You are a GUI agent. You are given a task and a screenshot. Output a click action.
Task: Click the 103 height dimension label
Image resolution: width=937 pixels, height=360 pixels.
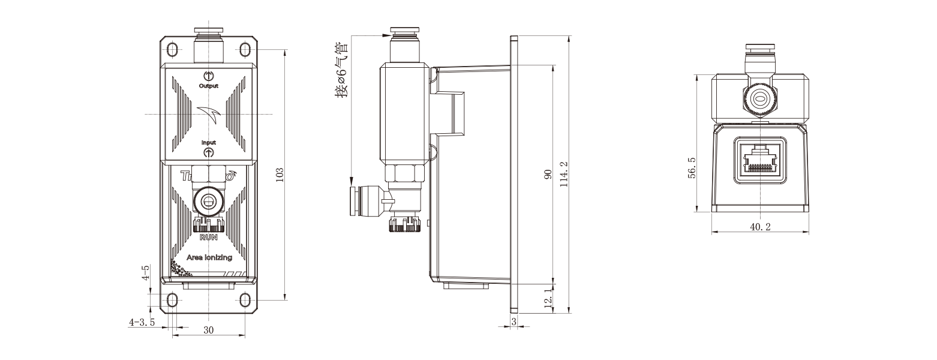280,175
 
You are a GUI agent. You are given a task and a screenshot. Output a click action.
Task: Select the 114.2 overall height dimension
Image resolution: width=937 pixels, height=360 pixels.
563,175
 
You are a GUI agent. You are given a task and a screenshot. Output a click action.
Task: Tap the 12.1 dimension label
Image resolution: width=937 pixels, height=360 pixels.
547,298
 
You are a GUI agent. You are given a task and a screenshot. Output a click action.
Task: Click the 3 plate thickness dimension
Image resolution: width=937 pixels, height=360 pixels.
514,322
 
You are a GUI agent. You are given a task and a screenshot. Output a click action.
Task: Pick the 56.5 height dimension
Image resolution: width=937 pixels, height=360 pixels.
692,169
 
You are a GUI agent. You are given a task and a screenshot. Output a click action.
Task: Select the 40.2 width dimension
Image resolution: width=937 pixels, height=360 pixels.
759,227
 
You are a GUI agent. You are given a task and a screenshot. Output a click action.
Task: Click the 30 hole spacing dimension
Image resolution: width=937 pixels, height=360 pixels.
208,330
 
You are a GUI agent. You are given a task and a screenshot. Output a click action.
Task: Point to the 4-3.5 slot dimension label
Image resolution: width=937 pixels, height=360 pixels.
142,322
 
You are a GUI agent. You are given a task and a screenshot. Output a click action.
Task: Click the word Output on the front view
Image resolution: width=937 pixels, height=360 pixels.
208,86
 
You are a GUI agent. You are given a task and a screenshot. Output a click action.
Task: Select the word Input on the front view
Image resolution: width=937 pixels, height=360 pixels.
208,143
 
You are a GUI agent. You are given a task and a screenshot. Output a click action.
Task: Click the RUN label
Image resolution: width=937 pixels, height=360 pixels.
208,238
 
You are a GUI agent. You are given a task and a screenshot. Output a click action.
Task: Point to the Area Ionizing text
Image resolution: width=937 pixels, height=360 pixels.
209,257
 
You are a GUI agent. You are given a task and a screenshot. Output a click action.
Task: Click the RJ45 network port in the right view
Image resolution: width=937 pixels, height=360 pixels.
760,159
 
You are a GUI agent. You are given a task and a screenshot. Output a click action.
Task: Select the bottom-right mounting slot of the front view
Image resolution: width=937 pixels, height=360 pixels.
245,299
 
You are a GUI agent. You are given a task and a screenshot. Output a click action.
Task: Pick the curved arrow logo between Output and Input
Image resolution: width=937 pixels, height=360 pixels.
209,113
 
